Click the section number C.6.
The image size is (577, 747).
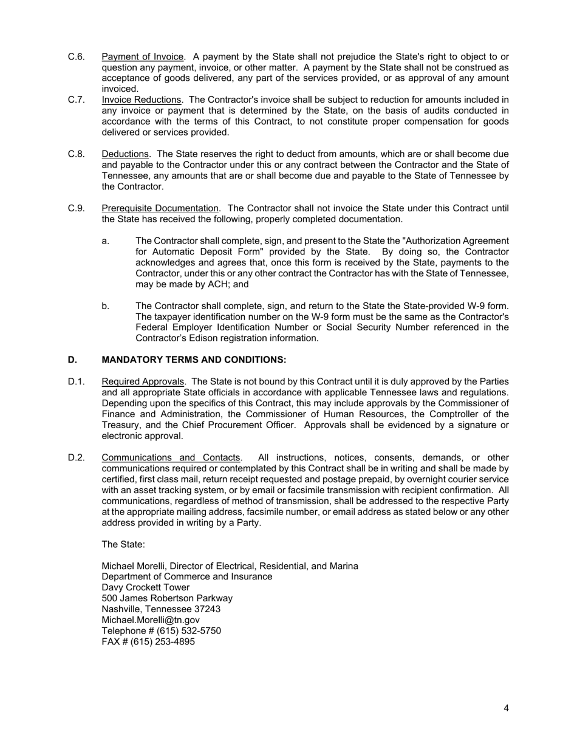click(x=76, y=57)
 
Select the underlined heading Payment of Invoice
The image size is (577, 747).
click(x=142, y=57)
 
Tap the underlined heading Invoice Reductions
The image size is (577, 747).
click(x=141, y=100)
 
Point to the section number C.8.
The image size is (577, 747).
click(x=76, y=154)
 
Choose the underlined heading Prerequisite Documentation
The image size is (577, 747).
click(x=160, y=208)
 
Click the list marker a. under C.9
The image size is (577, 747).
click(x=106, y=241)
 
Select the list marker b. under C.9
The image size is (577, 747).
click(x=106, y=305)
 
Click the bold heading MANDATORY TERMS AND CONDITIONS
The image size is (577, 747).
click(x=194, y=360)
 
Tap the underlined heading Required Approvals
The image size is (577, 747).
click(x=142, y=381)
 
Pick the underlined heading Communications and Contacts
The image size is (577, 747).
click(x=171, y=457)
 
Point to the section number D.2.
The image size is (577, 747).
click(x=76, y=457)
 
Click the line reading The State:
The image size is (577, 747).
click(x=123, y=544)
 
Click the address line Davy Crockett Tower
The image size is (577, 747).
click(x=145, y=587)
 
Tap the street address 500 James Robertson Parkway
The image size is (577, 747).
click(x=167, y=598)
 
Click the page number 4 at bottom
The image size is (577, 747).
click(x=506, y=708)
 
